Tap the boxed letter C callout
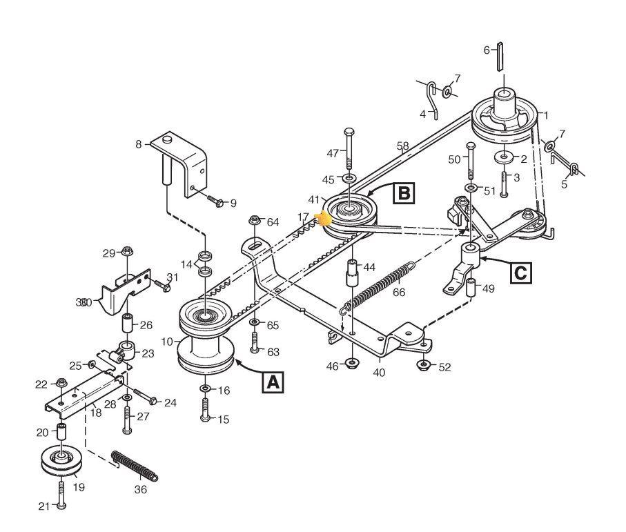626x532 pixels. [521, 271]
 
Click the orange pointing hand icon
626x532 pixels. [322, 219]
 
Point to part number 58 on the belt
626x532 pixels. [403, 146]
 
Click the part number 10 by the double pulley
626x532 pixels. [166, 341]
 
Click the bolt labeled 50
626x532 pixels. [471, 162]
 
